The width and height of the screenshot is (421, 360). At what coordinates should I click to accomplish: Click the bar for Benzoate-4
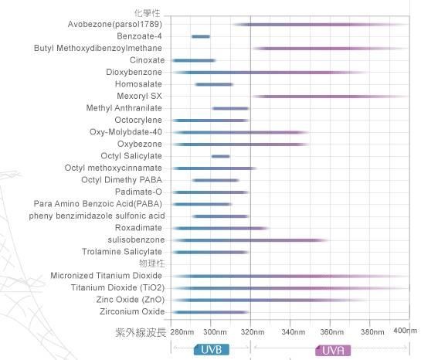pos(201,36)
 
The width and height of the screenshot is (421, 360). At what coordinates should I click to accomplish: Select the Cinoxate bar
pos(194,60)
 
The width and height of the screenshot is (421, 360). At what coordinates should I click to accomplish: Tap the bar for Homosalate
pos(214,84)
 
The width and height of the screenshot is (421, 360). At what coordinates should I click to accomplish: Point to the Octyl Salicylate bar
pos(221,157)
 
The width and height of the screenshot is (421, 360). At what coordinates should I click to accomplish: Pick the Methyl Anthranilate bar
pos(230,108)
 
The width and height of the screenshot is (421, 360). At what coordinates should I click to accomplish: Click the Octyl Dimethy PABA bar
pos(216,180)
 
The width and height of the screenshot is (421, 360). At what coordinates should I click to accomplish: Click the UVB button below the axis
pos(211,350)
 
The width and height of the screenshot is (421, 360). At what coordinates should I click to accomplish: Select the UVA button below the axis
pos(330,350)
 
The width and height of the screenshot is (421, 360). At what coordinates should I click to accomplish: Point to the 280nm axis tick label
pos(182,331)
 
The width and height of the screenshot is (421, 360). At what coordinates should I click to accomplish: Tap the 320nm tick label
pos(251,331)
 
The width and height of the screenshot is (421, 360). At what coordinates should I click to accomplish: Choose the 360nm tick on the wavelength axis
pos(330,331)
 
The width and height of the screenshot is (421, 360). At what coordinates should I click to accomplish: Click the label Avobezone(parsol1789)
pos(115,24)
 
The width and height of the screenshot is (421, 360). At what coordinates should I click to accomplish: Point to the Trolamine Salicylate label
pos(122,252)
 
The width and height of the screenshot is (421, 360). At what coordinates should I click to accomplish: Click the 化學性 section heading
pos(151,13)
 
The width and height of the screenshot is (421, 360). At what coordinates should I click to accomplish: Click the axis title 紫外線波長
pos(139,331)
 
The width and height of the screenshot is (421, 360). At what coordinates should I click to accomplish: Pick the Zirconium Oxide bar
pos(210,312)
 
